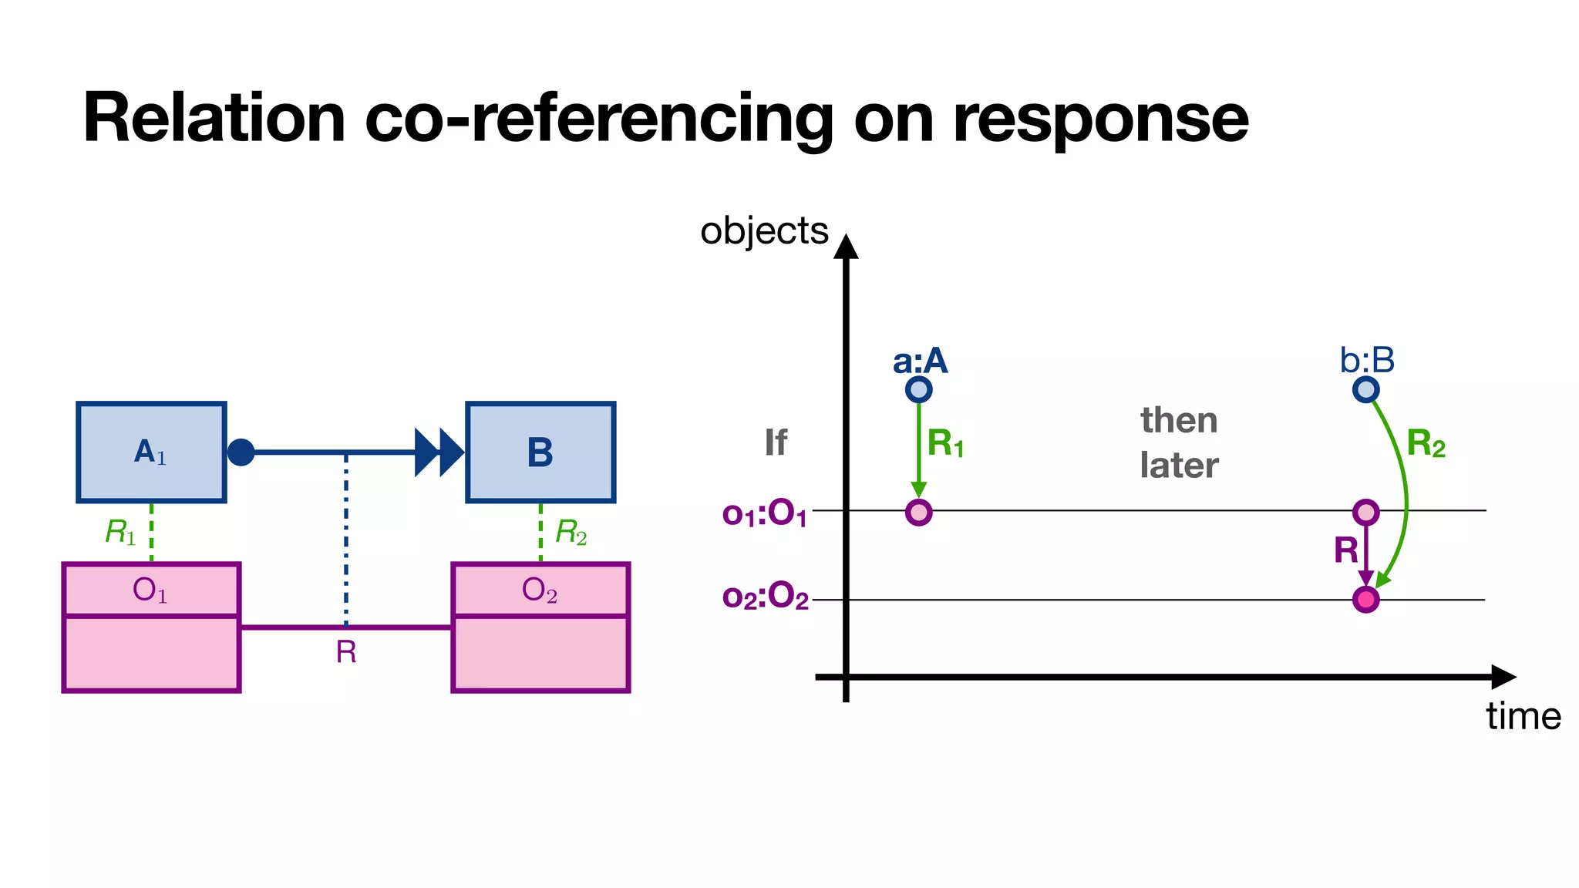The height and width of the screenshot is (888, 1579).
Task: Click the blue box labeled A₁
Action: pos(151,452)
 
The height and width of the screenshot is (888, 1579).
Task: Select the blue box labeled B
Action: pos(540,452)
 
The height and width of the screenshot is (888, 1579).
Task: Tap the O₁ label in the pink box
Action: pos(150,590)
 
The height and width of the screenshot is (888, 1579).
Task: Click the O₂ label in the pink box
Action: pos(540,590)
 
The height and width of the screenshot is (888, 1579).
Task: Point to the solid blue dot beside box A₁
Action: pos(241,452)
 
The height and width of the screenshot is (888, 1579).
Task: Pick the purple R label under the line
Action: pos(346,652)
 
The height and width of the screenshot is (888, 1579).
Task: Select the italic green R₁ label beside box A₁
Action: pos(120,532)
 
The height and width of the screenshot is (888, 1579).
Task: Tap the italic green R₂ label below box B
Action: pos(571,532)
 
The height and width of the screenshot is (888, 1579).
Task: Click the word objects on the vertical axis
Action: pos(764,231)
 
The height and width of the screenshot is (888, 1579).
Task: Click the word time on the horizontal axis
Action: pos(1523,716)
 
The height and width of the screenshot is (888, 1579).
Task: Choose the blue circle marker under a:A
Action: pos(918,389)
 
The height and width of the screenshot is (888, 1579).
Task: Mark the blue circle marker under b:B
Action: pos(1365,389)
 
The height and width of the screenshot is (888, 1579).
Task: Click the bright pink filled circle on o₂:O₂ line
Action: pos(1365,599)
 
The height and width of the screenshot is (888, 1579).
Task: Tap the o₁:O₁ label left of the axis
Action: pos(765,513)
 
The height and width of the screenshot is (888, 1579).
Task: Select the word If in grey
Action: pos(776,442)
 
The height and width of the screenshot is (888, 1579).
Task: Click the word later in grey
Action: pos(1179,466)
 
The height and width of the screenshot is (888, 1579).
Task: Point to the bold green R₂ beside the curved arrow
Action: pos(1426,444)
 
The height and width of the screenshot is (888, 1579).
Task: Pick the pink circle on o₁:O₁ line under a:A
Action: pos(918,512)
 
